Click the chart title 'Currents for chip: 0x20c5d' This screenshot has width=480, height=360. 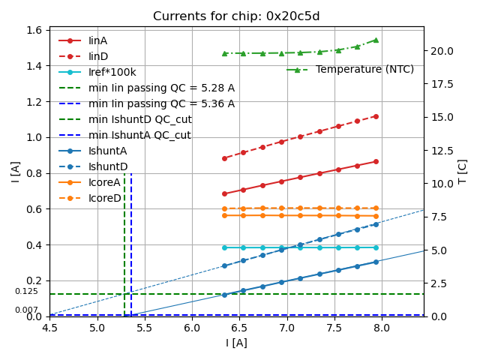point(236,16)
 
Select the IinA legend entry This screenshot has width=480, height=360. point(98,40)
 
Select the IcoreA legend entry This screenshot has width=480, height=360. point(104,182)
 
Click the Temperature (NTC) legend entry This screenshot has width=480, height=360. point(364,69)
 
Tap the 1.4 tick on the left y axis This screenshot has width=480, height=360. point(35,66)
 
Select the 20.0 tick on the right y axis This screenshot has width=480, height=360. point(439,51)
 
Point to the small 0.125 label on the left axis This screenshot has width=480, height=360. point(26,291)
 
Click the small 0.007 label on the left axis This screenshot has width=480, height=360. point(26,310)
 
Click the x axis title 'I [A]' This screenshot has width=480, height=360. point(236,343)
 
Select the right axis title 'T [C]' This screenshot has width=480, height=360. point(463,172)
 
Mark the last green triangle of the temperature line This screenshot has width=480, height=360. point(376,40)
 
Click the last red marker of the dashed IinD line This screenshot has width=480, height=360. point(376,116)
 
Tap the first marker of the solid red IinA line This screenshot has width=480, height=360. point(224,193)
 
